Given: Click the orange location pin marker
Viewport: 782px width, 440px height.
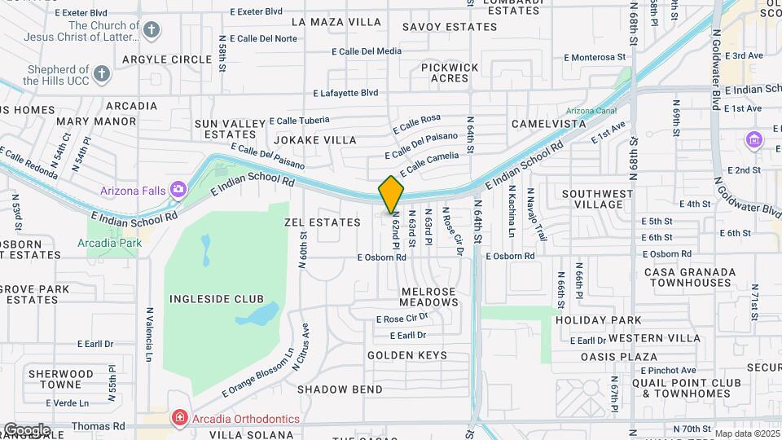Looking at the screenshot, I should (x=391, y=194).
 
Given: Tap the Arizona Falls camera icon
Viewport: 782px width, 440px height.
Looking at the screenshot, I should (x=178, y=191).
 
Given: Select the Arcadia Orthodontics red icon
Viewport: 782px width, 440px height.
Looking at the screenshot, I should (x=178, y=419).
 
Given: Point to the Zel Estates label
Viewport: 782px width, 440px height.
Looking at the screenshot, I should (x=322, y=222).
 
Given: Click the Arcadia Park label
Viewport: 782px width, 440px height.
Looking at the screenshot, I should (x=109, y=243).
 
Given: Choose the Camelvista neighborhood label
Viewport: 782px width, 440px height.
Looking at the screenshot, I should (x=548, y=124).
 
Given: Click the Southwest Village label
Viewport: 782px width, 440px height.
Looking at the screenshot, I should (x=597, y=200).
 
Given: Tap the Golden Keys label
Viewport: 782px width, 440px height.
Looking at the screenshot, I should (x=406, y=355).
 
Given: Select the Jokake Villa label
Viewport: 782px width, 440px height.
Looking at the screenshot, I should (x=315, y=140).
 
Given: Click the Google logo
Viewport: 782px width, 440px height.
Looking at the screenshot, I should (x=26, y=430).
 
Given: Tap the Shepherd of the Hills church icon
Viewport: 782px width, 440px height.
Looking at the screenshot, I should (x=101, y=75).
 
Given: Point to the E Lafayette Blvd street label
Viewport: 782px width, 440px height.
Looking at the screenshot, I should (x=345, y=93).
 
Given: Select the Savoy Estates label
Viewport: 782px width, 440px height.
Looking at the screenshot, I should (x=449, y=27).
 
